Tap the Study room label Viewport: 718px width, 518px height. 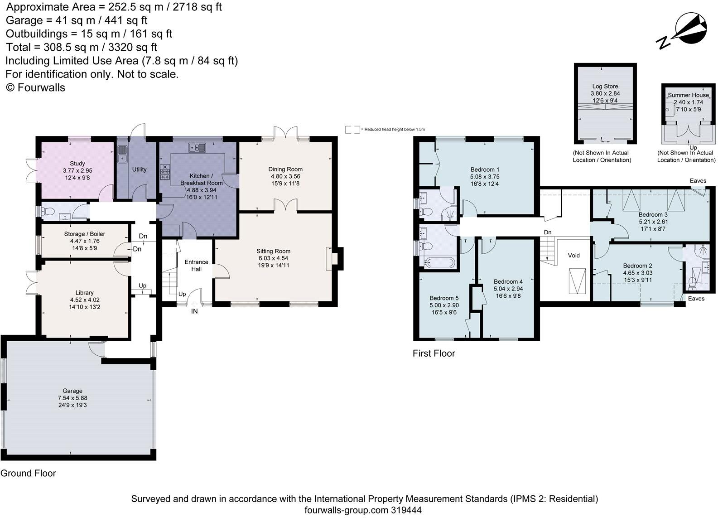[77, 164]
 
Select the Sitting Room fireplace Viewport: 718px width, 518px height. [334, 258]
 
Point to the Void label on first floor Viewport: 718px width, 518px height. [573, 256]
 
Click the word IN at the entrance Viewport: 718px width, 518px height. [194, 311]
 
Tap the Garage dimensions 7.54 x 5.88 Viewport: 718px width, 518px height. [72, 398]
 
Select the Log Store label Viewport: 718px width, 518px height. [605, 86]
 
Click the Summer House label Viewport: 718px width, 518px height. [688, 95]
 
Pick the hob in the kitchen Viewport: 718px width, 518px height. [165, 173]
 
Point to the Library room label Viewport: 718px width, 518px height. [85, 293]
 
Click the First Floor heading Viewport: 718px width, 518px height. [434, 353]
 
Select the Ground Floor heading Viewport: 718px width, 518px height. [28, 474]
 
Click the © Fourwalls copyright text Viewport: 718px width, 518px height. [35, 87]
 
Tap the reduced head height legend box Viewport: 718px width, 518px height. [352, 130]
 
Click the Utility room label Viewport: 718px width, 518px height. [139, 169]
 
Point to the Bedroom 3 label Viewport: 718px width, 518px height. [653, 215]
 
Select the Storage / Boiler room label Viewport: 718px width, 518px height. [85, 234]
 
